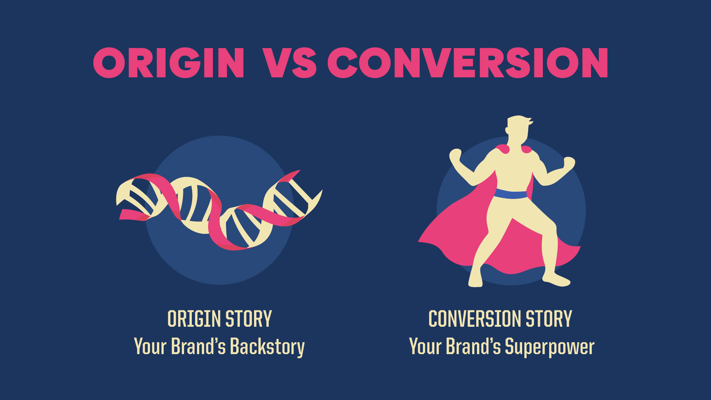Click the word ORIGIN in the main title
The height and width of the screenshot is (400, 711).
[x=169, y=63]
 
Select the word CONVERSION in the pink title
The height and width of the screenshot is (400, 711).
[x=468, y=63]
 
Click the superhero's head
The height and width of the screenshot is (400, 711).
[x=518, y=128]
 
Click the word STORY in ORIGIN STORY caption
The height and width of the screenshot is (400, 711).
[x=248, y=319]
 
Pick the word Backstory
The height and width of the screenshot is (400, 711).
[x=267, y=347]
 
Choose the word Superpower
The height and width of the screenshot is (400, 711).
[x=550, y=347]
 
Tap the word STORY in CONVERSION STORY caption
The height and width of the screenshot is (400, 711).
[x=549, y=319]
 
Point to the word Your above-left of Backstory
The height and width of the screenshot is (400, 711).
[x=150, y=347]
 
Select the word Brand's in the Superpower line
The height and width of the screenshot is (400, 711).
[x=473, y=347]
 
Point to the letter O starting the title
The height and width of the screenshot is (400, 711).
[x=109, y=63]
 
